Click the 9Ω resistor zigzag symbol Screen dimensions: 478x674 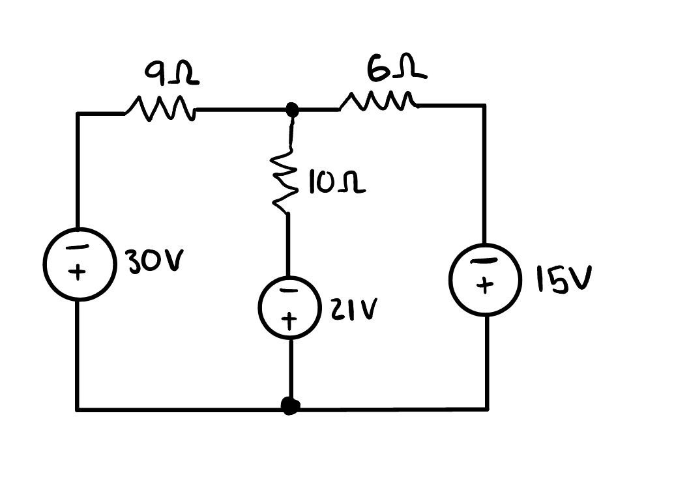coord(160,109)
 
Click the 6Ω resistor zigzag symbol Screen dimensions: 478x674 coord(378,102)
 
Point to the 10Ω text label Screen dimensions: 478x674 coord(336,184)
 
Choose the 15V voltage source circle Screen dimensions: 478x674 coord(484,279)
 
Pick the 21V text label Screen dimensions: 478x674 coord(351,311)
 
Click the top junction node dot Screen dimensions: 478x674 coord(292,111)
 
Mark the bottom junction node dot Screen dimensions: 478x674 coord(290,407)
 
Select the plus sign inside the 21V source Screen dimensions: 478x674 coord(291,319)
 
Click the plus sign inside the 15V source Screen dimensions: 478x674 coord(483,287)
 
